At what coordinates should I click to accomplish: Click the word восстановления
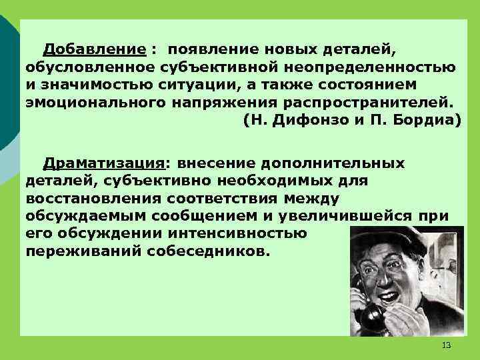point(95,199)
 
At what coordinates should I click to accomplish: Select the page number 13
point(446,345)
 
